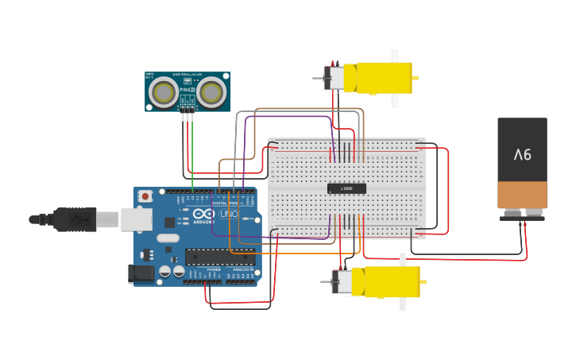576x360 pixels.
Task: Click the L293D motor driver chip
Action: (346, 188)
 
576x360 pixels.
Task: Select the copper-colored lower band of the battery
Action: (522, 194)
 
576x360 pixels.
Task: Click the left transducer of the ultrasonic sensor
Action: (164, 92)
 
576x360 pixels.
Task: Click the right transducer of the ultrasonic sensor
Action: (211, 92)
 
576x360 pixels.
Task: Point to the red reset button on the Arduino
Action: (145, 195)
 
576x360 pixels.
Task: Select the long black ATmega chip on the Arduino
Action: (220, 256)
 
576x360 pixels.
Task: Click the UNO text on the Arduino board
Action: (229, 214)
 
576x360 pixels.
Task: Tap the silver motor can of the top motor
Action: (334, 78)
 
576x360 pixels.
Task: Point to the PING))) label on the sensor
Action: (187, 90)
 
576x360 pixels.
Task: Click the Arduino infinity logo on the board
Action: (203, 214)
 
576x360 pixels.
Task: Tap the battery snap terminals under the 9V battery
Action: (522, 213)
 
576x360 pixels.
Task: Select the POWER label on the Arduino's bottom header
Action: (214, 270)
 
